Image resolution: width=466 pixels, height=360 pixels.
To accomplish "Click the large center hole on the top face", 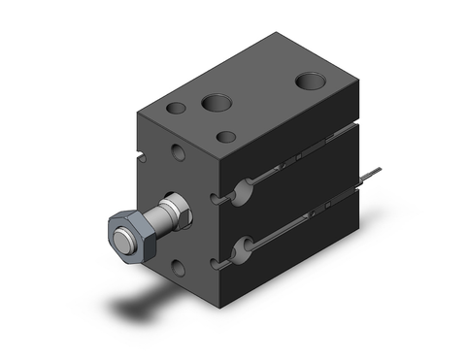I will [x=215, y=100].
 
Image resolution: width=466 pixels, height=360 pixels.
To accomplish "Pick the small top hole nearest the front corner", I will [x=226, y=136].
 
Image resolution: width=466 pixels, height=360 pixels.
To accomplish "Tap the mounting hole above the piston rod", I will [x=180, y=151].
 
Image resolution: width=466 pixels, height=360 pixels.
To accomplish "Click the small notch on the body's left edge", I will [x=138, y=153].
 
